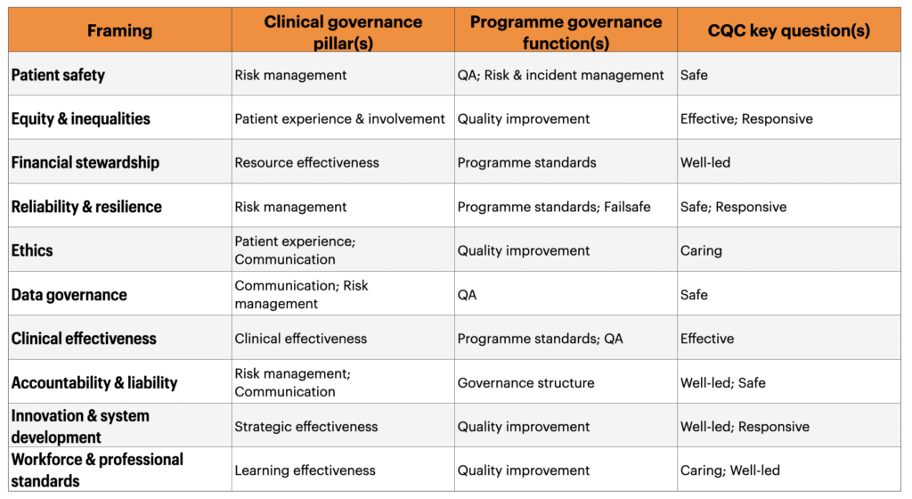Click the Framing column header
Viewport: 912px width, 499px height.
[x=120, y=30]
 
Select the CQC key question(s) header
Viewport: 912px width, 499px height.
[x=789, y=30]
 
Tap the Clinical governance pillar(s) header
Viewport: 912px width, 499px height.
[x=343, y=32]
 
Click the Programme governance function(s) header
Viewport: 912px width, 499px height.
[x=566, y=32]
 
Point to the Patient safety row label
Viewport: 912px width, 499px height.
[x=58, y=75]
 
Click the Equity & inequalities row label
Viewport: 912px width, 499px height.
[x=81, y=119]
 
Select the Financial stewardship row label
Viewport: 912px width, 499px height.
[x=85, y=162]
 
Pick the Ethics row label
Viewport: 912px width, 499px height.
[x=32, y=250]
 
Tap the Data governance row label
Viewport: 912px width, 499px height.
[x=69, y=295]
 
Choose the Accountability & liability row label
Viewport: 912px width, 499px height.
[x=94, y=382]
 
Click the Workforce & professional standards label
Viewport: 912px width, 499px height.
[x=97, y=470]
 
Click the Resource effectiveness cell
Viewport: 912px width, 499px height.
[x=306, y=162]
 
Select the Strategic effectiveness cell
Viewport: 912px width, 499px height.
[x=306, y=426]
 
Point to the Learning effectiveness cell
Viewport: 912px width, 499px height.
[x=305, y=470]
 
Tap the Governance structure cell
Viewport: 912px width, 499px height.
[x=525, y=382]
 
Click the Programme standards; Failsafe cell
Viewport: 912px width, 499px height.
[x=554, y=207]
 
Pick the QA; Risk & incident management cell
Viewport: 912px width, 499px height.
[x=560, y=75]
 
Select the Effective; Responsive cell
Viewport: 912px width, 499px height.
[x=746, y=119]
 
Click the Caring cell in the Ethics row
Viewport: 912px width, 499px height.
[x=701, y=250]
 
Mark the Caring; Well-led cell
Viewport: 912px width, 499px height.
[x=730, y=470]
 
